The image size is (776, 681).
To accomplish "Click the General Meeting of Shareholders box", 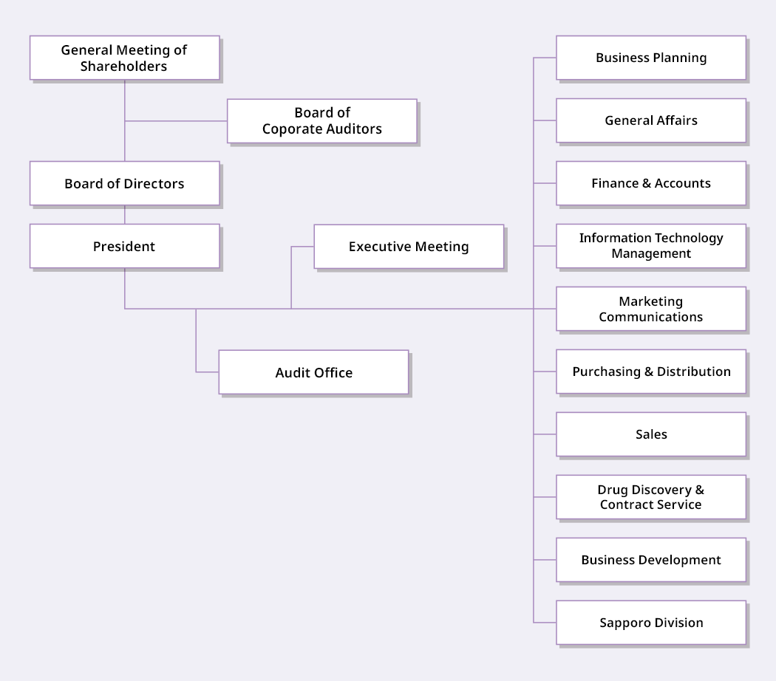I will click(124, 58).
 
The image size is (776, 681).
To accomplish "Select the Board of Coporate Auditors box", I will click(321, 120).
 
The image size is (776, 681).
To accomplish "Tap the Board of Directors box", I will click(124, 183).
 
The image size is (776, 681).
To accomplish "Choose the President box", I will click(124, 246).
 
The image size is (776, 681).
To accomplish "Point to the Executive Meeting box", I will click(409, 247).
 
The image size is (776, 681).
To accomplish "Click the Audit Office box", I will click(313, 372).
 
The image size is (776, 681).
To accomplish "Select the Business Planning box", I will click(651, 58).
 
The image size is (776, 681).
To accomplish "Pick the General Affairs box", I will click(651, 120).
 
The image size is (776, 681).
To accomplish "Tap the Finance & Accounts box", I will click(651, 183).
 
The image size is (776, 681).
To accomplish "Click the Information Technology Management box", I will click(651, 246).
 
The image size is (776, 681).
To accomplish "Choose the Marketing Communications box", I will click(651, 309).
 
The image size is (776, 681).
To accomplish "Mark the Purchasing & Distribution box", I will click(651, 372).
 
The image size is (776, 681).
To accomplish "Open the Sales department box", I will click(651, 434).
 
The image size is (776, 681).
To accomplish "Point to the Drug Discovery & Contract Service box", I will click(651, 497).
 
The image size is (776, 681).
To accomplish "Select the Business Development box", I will click(651, 560).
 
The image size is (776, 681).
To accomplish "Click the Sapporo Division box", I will click(651, 623).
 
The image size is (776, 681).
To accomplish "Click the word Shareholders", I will click(124, 66).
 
